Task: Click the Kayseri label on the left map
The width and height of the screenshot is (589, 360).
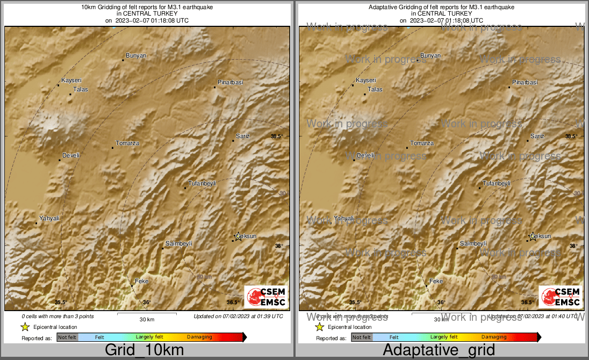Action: (x=71, y=80)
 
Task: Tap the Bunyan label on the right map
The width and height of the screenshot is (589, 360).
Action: (x=430, y=56)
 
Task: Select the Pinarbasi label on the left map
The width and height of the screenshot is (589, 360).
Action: (x=230, y=82)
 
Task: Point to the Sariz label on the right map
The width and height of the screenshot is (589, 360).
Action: (x=537, y=136)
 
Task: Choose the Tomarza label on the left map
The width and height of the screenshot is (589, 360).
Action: (x=127, y=143)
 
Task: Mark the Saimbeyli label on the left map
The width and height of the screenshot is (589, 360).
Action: (x=178, y=243)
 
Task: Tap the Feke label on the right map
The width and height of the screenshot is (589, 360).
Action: (x=436, y=281)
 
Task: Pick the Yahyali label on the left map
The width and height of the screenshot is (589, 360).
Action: (x=48, y=219)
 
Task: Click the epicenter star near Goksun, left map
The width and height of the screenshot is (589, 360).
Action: (x=238, y=237)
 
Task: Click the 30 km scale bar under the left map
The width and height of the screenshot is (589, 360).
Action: (x=147, y=313)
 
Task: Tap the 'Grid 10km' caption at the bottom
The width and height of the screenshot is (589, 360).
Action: (x=144, y=350)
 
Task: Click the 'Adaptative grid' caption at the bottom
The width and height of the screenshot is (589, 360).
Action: (x=439, y=350)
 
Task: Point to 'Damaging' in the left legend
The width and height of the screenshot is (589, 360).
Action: (x=199, y=337)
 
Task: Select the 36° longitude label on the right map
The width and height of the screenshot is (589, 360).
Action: (x=441, y=303)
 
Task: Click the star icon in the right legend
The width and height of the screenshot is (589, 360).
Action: (x=319, y=327)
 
